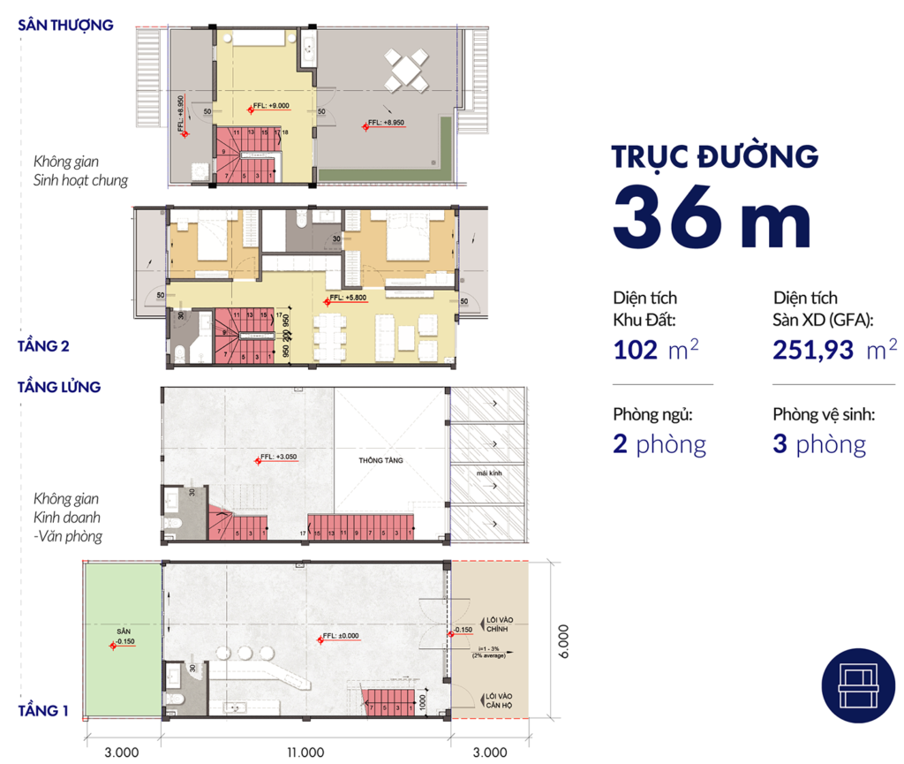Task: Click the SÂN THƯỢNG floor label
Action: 66,25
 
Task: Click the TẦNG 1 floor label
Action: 43,710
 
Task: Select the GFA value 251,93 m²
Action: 829,350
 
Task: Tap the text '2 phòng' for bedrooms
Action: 659,443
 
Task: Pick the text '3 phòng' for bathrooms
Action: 819,443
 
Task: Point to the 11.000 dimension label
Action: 305,753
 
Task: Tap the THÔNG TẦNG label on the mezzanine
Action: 380,461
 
